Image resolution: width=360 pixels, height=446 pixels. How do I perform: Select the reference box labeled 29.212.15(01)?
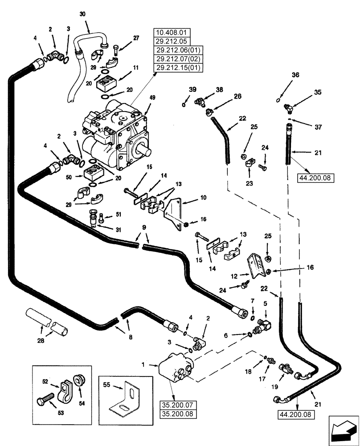(x=178, y=68)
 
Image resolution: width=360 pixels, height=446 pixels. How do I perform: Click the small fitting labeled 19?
(x=285, y=369)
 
